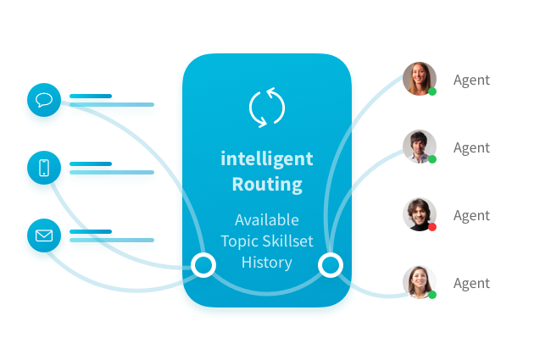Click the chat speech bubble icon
[x=44, y=102]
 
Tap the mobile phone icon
[x=44, y=168]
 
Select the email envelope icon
[x=44, y=235]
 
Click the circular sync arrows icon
[x=267, y=108]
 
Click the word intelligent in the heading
[x=267, y=158]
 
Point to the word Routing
[x=267, y=184]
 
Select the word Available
[x=267, y=219]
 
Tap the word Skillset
[x=287, y=241]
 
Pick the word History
[x=267, y=263]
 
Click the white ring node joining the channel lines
[x=203, y=265]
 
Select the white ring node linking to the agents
[x=330, y=265]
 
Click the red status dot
[x=432, y=227]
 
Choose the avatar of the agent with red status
[x=419, y=214]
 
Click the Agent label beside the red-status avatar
[x=471, y=216]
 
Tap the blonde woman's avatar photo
[x=419, y=79]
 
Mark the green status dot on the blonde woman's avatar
[x=432, y=91]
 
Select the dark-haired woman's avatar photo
[x=419, y=282]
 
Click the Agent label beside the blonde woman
[x=471, y=80]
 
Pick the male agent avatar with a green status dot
[x=419, y=147]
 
